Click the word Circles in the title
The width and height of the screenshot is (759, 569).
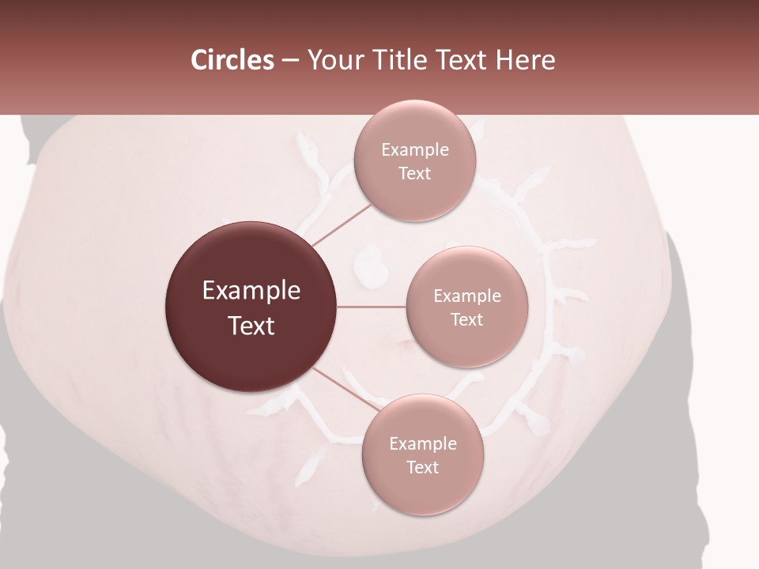[x=232, y=60]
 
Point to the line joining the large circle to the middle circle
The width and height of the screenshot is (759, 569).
[x=371, y=306]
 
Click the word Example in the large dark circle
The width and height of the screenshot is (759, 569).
[x=251, y=291]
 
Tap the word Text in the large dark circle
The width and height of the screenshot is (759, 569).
[x=251, y=326]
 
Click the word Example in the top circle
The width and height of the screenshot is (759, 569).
[x=414, y=150]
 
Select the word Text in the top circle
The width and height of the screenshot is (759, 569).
[x=414, y=174]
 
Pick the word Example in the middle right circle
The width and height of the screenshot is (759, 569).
[x=466, y=296]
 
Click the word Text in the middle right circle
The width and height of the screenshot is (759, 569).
[x=466, y=320]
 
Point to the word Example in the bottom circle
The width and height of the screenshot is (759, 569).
[x=422, y=444]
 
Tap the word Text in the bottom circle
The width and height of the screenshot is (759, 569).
[x=422, y=468]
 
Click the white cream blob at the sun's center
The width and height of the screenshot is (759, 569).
[x=369, y=263]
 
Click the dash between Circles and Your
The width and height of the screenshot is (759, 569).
[x=289, y=61]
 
